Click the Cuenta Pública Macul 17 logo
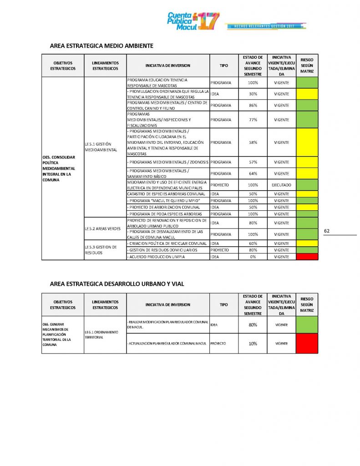coord(193,21)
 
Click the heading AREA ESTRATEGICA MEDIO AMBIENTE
coord(101,46)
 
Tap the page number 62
coord(326,231)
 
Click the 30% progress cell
coord(253,94)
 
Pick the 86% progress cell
coord(253,106)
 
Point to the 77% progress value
coord(253,120)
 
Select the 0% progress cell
coord(253,257)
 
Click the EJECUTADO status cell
coord(281,185)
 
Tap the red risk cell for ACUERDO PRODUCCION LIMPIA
coord(307,257)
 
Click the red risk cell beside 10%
coord(307,344)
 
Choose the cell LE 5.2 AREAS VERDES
coord(102,228)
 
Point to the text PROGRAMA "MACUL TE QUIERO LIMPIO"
coord(161,201)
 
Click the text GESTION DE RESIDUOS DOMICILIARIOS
coord(162,250)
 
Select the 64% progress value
coord(253,173)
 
